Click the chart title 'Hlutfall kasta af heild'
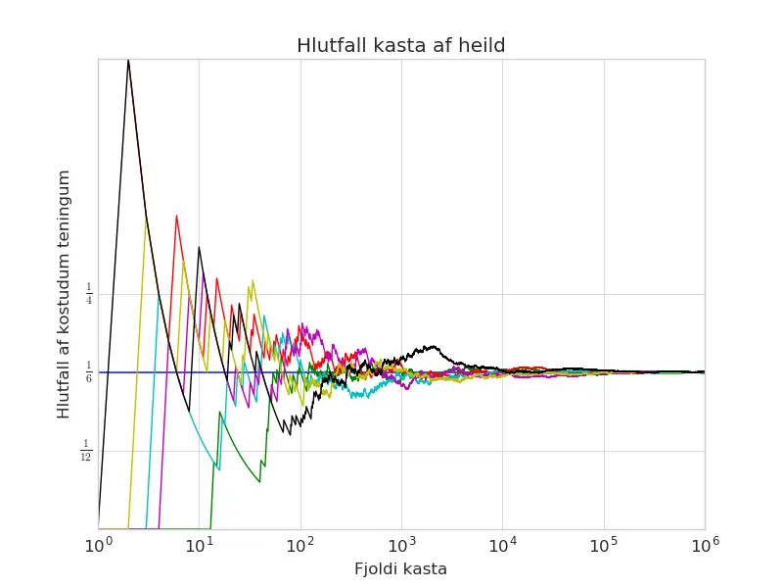pos(400,45)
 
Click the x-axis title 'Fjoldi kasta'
pos(400,569)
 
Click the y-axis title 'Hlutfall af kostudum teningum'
pos(64,294)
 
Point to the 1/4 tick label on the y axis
pos(89,293)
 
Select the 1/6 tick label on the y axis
pos(89,372)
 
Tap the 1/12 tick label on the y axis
pos(86,450)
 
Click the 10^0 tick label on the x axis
pos(99,545)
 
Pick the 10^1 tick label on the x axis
pos(200,545)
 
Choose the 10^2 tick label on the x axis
pos(300,545)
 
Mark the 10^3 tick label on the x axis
pos(401,545)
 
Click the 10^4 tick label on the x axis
pos(503,545)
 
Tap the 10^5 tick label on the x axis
pos(604,545)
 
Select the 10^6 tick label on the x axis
pos(705,545)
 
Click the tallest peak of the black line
pos(128,61)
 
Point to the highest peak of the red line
pos(176,216)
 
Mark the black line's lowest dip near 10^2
pos(290,433)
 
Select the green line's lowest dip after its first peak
pos(259,481)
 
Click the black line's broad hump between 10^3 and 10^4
pos(433,347)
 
